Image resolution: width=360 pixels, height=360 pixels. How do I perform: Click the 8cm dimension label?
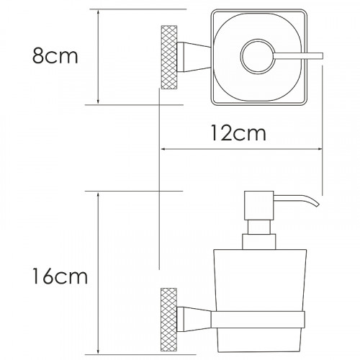click(55, 55)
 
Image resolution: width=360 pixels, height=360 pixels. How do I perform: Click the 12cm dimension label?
click(238, 133)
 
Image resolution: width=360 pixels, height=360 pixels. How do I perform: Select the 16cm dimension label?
click(60, 276)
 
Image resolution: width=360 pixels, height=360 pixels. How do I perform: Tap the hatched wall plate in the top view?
click(169, 57)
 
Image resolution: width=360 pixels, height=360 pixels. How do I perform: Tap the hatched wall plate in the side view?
click(168, 320)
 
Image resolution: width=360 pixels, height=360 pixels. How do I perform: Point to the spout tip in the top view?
click(323, 55)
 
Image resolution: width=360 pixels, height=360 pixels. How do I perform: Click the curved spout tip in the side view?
click(318, 204)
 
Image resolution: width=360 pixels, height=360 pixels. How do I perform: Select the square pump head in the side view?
click(259, 205)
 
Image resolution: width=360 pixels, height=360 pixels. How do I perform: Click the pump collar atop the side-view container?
click(259, 242)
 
